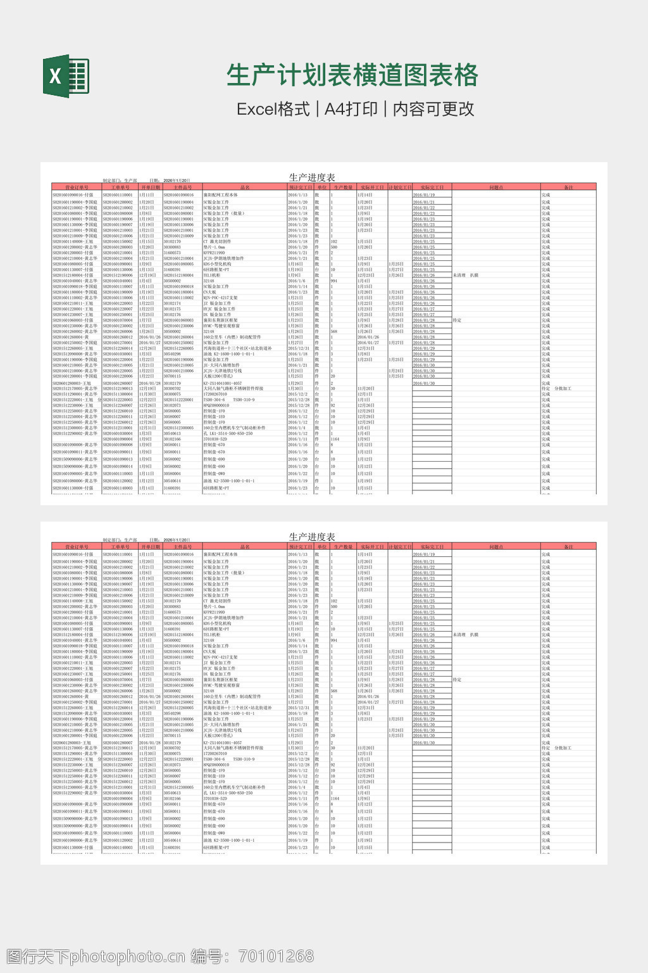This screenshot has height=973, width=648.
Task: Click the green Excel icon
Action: coord(66,76)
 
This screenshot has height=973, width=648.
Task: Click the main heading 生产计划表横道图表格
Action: coord(352,75)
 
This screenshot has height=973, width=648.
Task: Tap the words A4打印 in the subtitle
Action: coord(351,109)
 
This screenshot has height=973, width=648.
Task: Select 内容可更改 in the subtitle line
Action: coord(433,109)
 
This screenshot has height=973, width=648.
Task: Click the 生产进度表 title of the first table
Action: coord(312,178)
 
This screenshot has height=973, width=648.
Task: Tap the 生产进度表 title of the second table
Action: coord(312,537)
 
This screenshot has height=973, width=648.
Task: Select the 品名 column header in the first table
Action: coord(245,188)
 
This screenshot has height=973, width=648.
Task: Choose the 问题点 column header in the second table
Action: coord(496,547)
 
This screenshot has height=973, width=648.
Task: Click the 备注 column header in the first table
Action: coord(568,188)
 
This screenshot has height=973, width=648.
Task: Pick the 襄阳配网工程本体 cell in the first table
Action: coord(220,195)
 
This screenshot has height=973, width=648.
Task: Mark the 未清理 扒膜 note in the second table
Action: coord(466,635)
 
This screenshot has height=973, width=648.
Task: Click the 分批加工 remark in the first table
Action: coord(563,389)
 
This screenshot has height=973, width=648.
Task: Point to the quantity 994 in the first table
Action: coord(334,281)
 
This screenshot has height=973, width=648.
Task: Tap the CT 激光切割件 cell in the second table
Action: coord(217,601)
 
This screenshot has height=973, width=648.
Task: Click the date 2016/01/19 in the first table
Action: coord(423,195)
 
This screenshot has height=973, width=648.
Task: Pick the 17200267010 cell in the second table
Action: coord(215,754)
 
